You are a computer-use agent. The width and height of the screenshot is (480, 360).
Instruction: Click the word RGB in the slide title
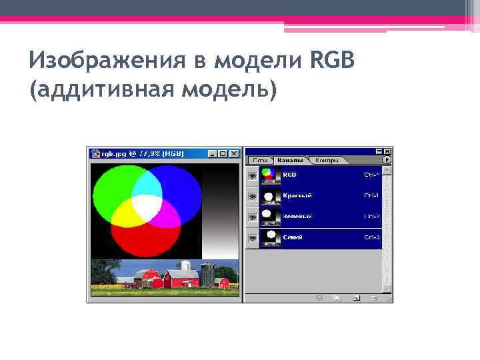tap(332, 62)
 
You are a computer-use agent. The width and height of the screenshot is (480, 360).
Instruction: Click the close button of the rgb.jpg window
tap(233, 153)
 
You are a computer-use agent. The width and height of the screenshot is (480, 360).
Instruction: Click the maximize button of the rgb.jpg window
tap(223, 153)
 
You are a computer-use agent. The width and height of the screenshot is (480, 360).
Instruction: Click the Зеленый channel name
tap(297, 217)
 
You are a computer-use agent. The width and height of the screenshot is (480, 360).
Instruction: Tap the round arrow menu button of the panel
tap(387, 160)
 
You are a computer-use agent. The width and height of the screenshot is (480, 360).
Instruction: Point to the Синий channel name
tap(293, 237)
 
